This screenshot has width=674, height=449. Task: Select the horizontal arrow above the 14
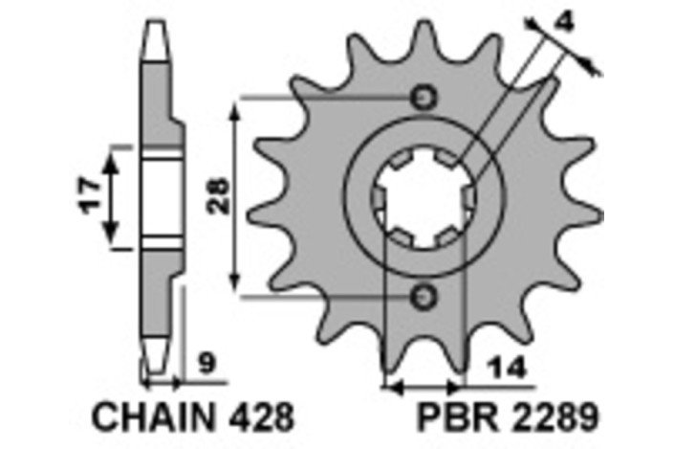coord(423,388)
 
